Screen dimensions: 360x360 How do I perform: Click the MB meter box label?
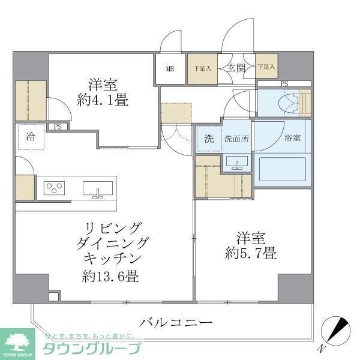coord(171,68)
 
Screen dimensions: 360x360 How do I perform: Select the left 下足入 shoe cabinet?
coord(202,68)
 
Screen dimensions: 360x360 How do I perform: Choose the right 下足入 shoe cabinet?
coord(266,68)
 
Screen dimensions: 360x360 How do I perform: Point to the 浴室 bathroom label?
coord(292,138)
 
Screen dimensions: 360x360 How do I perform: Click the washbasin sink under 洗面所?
coord(239,163)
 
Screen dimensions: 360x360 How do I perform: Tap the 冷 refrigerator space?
coord(30,136)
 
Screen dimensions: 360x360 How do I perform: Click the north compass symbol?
coord(336,329)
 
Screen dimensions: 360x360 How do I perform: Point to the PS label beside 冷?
coord(58,127)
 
